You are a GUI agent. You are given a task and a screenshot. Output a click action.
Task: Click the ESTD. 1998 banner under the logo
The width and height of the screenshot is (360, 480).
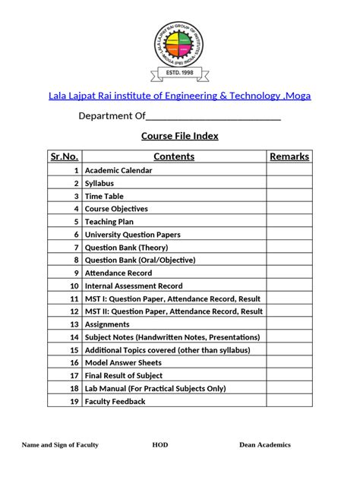tap(179, 74)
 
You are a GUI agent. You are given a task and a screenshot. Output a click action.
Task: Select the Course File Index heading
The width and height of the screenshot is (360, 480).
tap(179, 136)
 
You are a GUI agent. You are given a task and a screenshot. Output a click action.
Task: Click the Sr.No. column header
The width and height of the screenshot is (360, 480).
tap(65, 156)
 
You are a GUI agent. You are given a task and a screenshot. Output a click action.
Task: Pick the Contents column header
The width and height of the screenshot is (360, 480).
tap(174, 156)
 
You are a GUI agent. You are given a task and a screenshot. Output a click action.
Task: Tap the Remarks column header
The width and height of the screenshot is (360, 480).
tap(289, 156)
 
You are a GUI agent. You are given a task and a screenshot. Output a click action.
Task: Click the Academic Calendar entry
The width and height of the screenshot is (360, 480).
tap(118, 170)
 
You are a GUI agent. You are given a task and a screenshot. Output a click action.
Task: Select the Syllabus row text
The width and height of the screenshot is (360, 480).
tap(99, 183)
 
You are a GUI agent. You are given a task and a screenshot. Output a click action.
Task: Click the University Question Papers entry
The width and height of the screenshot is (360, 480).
tap(133, 235)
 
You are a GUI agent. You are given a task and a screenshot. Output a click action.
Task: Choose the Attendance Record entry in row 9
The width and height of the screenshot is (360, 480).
tap(118, 273)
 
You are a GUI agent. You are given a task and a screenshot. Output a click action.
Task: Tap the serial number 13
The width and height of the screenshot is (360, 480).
tap(74, 324)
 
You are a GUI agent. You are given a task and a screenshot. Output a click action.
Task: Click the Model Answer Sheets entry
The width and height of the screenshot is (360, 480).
tap(122, 363)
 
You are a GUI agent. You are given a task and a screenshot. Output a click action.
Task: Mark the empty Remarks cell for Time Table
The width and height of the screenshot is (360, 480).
tap(289, 196)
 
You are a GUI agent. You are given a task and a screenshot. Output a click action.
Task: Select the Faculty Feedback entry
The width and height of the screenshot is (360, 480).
tap(115, 401)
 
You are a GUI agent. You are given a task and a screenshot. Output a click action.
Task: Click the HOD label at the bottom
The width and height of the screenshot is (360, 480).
tap(160, 445)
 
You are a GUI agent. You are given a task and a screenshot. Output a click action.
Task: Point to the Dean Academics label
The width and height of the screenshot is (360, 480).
tap(265, 445)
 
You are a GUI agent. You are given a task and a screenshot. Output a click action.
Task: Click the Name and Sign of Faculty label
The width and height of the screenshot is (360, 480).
tap(60, 445)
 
